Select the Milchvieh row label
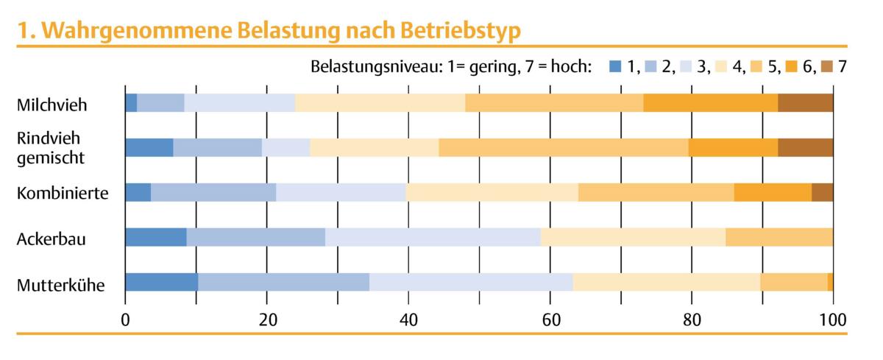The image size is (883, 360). tap(52, 105)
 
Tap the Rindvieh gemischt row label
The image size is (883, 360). tap(50, 147)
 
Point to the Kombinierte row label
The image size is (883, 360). tap(63, 194)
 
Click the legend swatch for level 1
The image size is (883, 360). tap(615, 67)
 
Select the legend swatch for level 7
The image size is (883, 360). tap(825, 67)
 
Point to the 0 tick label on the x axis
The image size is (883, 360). tap(125, 320)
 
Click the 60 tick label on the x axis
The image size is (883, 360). tap(550, 320)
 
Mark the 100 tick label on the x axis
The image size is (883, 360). tap(831, 320)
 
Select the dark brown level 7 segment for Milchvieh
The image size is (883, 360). tap(805, 103)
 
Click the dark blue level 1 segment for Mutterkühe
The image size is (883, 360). tap(161, 282)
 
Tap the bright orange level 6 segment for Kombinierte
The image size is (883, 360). tap(773, 192)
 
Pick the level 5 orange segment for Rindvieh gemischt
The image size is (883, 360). tap(563, 147)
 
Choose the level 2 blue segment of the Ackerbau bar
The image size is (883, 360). tap(255, 237)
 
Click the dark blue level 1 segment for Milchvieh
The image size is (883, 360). tap(131, 103)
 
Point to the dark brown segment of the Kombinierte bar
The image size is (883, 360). tap(822, 192)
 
